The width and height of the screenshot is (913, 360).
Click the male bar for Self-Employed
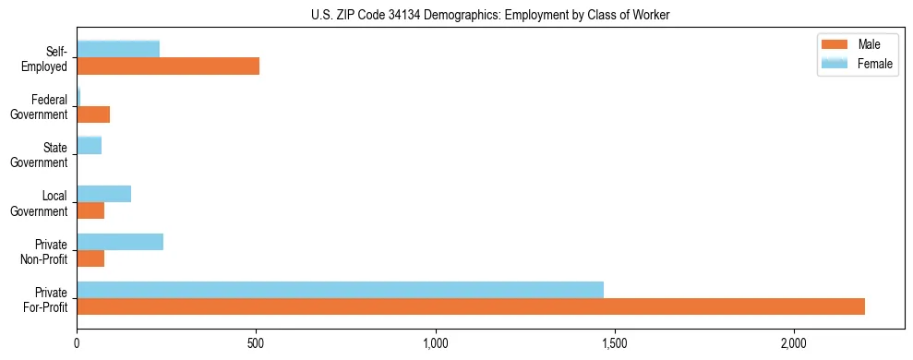pos(168,66)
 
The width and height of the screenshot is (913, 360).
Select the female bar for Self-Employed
pos(118,49)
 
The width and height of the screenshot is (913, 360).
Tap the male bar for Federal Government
pos(93,114)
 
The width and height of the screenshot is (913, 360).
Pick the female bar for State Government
pos(89,145)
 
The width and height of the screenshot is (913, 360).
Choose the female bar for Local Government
pos(103,194)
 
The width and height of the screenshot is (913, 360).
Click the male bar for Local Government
pos(90,211)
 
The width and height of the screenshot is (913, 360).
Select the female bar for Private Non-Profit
pos(120,242)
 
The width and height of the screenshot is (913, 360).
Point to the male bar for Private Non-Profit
pos(90,259)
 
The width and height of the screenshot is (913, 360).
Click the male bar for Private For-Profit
pos(471,307)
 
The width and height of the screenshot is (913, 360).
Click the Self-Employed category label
pos(49,58)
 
